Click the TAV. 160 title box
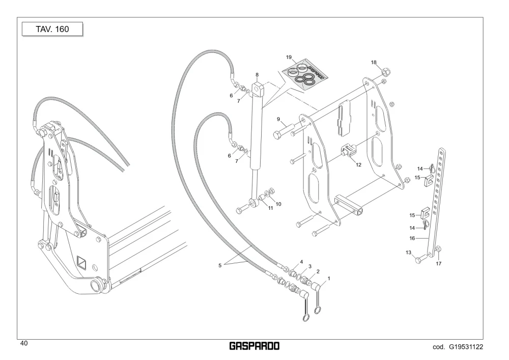pos(52,29)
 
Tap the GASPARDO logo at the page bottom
pos(254,346)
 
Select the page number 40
pos(24,343)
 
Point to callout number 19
pos(289,58)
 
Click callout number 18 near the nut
pos(374,62)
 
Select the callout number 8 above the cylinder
pos(257,75)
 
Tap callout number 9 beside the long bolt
pos(278,119)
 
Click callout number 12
pos(358,164)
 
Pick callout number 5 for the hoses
pos(220,265)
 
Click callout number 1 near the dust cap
pos(329,279)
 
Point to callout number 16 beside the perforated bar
pos(412,238)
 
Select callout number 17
pos(439,264)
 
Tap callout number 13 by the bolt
pos(408,252)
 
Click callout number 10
pos(278,204)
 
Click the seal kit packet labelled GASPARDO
pos(304,74)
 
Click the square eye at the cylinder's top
pos(259,89)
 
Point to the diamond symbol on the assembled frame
pos(81,263)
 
